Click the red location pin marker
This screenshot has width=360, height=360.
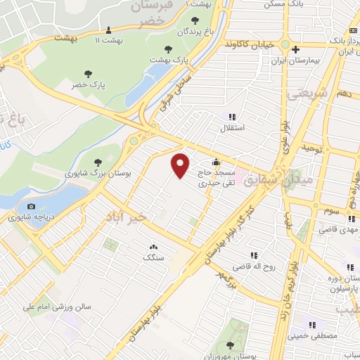[x=181, y=166]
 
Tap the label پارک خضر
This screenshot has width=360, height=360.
[x=88, y=85]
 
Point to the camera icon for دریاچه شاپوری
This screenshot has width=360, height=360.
[x=31, y=206]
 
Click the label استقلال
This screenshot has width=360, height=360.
[x=232, y=128]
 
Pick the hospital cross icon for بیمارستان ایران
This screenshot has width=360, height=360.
[x=296, y=50]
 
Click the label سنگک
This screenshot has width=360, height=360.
[x=153, y=258]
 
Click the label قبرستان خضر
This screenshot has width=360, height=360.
[x=152, y=13]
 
